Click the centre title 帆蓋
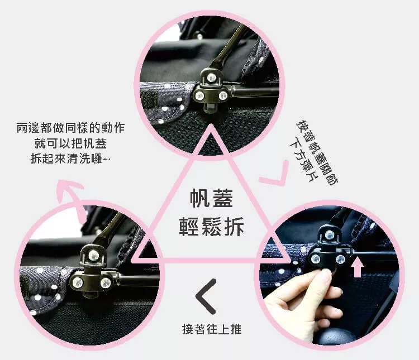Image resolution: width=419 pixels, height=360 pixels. point(211,199)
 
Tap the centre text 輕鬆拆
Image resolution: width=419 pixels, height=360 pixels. point(211,227)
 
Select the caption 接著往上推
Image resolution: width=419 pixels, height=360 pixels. point(212,329)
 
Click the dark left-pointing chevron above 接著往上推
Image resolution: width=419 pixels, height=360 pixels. point(205,296)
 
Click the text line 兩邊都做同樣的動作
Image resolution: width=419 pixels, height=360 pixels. point(70,128)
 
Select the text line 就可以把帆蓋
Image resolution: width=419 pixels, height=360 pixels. point(70,143)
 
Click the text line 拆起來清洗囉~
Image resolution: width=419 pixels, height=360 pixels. point(70,159)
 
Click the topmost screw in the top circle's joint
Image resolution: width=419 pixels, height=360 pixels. point(212,78)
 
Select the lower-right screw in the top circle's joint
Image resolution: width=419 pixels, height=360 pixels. point(222,95)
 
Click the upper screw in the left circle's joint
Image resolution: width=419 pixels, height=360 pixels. point(93,255)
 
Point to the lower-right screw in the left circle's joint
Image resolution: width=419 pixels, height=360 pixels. point(106,282)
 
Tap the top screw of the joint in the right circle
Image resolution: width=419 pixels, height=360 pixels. point(330,236)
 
